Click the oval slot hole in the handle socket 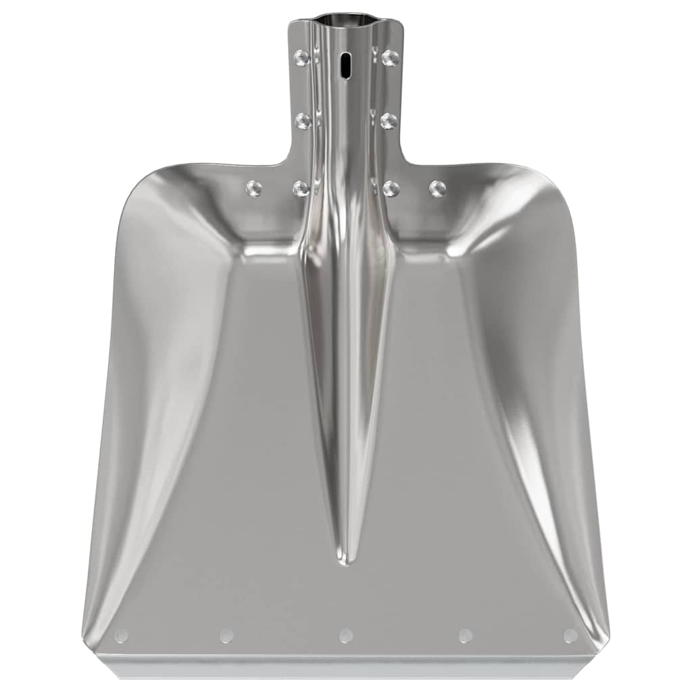tap(346, 66)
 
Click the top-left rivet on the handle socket tap(301, 57)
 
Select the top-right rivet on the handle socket tap(390, 57)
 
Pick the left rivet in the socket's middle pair tap(303, 121)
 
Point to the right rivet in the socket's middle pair tap(389, 121)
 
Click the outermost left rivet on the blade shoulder tap(254, 188)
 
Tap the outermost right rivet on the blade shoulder tap(438, 188)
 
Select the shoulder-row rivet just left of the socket tap(301, 189)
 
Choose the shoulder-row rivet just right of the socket tap(391, 189)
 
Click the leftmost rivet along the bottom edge tap(122, 635)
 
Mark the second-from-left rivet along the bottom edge tap(227, 635)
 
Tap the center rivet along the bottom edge tap(346, 635)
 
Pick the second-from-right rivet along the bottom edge tap(465, 635)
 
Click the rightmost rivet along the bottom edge tap(570, 635)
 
